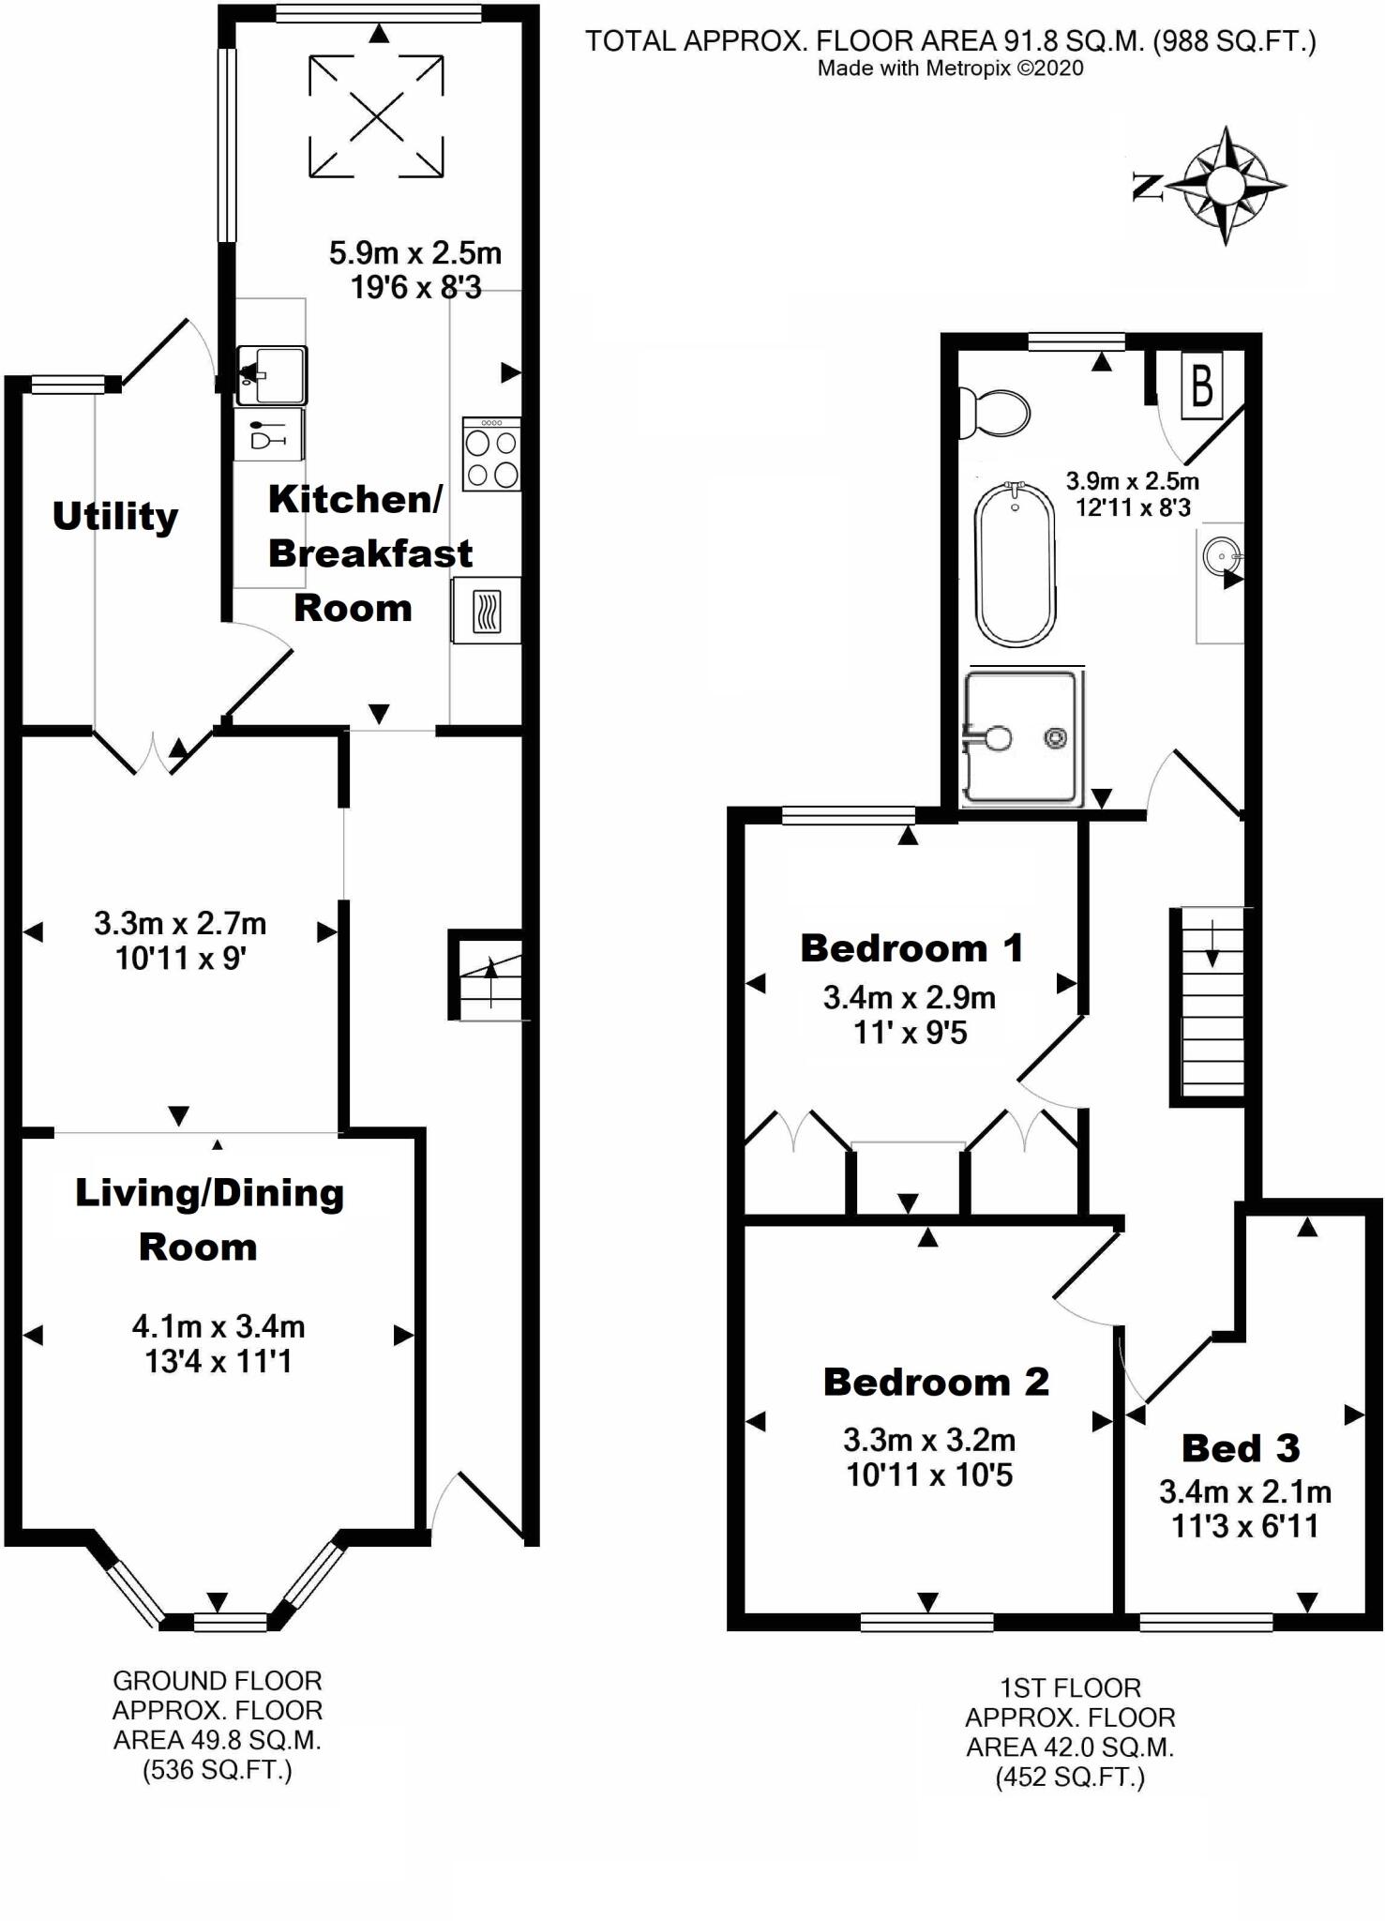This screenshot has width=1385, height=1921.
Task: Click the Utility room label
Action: pyautogui.click(x=114, y=517)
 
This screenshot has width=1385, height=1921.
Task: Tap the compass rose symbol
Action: pyautogui.click(x=1225, y=186)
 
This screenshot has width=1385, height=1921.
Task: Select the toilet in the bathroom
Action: pyautogui.click(x=995, y=412)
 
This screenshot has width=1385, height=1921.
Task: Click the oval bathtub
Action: pyautogui.click(x=1015, y=566)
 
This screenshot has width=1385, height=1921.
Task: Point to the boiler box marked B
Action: pyautogui.click(x=1201, y=385)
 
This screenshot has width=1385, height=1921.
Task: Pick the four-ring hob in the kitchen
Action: pyautogui.click(x=491, y=455)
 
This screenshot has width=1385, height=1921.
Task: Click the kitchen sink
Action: pyautogui.click(x=272, y=375)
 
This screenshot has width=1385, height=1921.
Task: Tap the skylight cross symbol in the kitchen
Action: pyautogui.click(x=376, y=117)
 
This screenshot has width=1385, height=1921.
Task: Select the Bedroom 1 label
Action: pyautogui.click(x=911, y=948)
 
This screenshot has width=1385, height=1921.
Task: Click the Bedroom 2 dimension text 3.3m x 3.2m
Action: pyautogui.click(x=928, y=1440)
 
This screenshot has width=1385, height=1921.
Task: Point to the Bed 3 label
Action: pyautogui.click(x=1240, y=1449)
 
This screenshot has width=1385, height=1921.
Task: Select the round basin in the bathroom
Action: pyautogui.click(x=1222, y=557)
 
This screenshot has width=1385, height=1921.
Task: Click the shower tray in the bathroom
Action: pyautogui.click(x=1021, y=737)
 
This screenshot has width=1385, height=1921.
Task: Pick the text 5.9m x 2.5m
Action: pyautogui.click(x=414, y=253)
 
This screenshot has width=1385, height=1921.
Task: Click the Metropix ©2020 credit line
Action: pyautogui.click(x=950, y=68)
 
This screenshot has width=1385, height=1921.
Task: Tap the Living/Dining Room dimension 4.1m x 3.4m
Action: pyautogui.click(x=218, y=1326)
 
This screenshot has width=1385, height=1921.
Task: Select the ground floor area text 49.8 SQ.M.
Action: pyautogui.click(x=217, y=1740)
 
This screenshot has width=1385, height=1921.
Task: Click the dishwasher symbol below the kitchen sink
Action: pyautogui.click(x=269, y=435)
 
